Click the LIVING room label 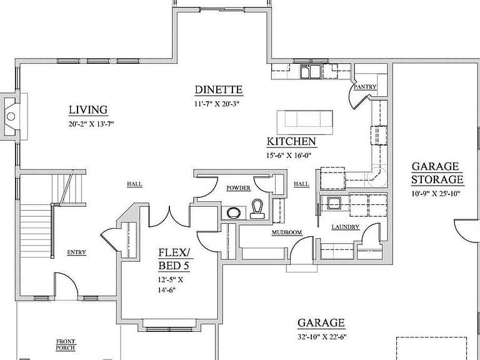click(x=88, y=110)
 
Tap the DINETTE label click(x=219, y=90)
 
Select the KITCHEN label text click(x=291, y=141)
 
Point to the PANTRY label click(x=365, y=87)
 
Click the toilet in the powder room click(x=257, y=209)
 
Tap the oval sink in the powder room click(x=234, y=212)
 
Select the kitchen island click(x=305, y=122)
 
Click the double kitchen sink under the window click(x=311, y=71)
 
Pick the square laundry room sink click(x=334, y=203)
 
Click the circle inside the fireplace click(x=11, y=116)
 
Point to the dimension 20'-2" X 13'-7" click(x=91, y=124)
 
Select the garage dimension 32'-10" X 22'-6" click(x=322, y=337)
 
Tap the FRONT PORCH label click(x=66, y=345)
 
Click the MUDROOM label click(x=287, y=232)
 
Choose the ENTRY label click(x=76, y=252)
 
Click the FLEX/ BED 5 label click(x=174, y=259)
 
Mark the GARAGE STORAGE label click(x=437, y=173)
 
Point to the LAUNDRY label click(x=346, y=227)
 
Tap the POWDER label click(x=239, y=188)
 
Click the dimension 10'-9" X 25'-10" click(x=436, y=194)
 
